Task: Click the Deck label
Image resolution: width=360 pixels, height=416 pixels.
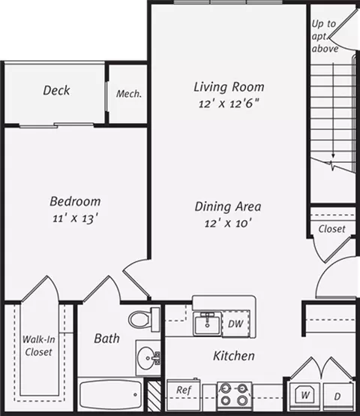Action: point(56,90)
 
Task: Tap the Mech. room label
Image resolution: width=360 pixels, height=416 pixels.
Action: point(129,94)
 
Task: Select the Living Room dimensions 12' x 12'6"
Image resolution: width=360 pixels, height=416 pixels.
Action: point(228,104)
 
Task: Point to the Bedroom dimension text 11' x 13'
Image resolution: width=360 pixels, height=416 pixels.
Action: point(76,219)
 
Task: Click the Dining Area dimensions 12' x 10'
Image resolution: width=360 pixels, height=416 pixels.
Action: point(228,223)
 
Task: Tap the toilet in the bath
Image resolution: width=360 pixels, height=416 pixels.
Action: point(144,319)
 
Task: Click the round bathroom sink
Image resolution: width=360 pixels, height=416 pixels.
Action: point(148,357)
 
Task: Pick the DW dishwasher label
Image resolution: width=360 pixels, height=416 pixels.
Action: point(235,324)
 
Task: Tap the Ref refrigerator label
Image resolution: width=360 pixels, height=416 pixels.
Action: point(184,390)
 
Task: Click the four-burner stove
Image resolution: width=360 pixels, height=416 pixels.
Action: point(234,395)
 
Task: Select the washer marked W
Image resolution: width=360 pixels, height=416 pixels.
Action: point(305,396)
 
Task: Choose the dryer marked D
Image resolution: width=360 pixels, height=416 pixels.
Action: point(338,396)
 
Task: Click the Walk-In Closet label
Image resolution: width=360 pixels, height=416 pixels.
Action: point(39,345)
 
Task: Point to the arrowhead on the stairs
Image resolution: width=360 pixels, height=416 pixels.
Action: point(333,156)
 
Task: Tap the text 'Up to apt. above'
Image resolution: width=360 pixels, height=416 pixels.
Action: point(325,36)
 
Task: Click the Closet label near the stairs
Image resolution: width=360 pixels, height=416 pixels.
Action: point(331,229)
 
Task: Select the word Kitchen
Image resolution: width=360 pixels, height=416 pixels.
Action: point(234,356)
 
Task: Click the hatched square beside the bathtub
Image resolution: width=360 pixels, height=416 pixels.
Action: point(154,396)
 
